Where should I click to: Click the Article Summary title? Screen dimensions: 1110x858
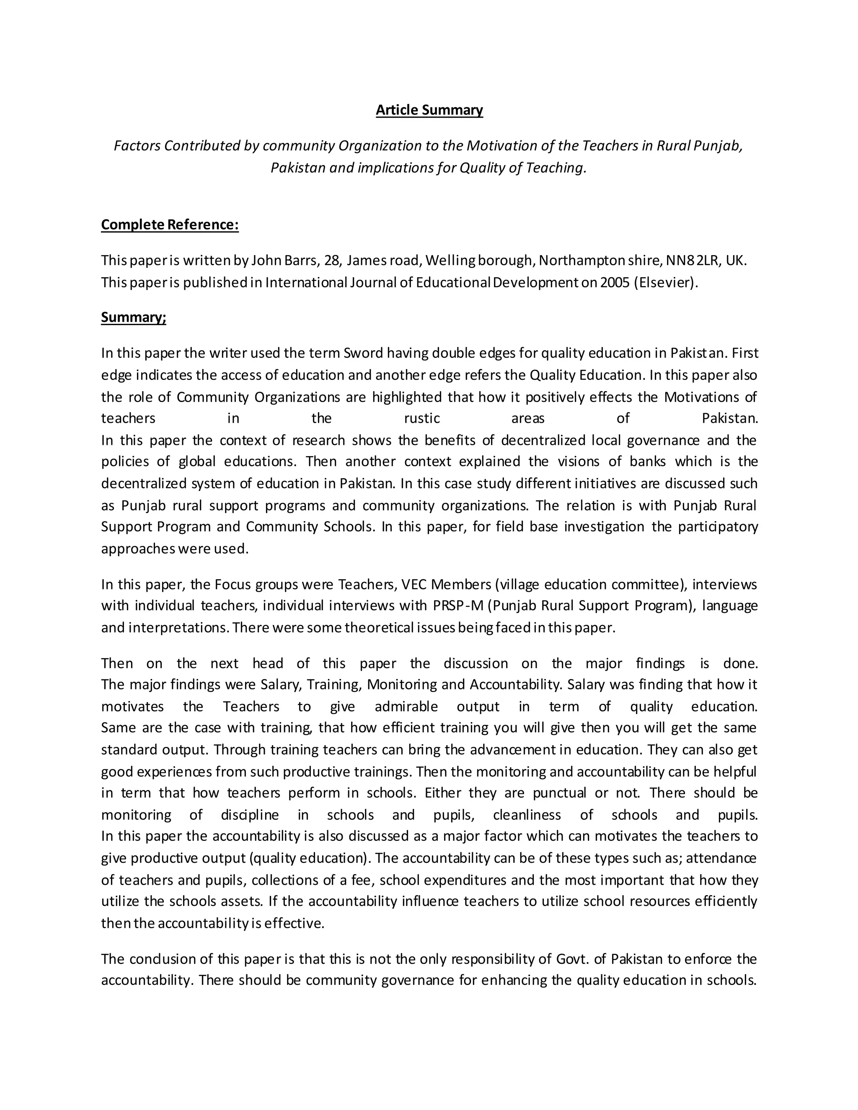tap(429, 110)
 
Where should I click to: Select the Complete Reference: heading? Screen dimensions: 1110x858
tap(170, 225)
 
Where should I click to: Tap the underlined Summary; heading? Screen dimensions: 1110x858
tap(134, 317)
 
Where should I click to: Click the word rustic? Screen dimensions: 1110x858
tap(422, 418)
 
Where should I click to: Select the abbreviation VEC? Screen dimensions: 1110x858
tap(414, 584)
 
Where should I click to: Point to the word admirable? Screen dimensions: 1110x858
tap(406, 707)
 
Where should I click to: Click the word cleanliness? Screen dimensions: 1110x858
tap(527, 815)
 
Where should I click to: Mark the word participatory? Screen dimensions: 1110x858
tap(718, 527)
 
